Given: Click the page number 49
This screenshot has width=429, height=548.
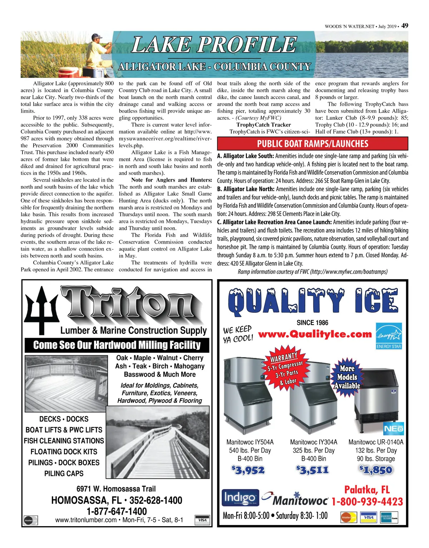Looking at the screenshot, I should point(405,25).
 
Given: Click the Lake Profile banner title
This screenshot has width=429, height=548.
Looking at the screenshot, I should point(214,45).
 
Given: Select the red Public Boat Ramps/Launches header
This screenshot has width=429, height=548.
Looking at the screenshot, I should point(312,144).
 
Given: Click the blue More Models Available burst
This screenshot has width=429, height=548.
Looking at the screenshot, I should point(347,377).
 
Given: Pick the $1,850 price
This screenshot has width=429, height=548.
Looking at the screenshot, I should point(376,470).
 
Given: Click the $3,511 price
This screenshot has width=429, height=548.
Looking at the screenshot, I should point(312,470).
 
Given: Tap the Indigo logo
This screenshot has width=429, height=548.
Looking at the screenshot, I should point(240,498).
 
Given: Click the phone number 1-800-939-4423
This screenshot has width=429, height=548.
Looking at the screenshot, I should point(367,502).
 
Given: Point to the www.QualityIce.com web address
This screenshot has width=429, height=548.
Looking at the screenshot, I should point(315,334).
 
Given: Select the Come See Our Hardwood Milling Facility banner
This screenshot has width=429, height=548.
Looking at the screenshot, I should point(117,345).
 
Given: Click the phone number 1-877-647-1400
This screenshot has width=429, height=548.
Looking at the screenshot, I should point(117,511).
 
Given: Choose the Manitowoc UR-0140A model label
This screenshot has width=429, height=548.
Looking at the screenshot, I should point(376,442).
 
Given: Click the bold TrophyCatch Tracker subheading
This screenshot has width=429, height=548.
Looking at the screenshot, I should point(263,125).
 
